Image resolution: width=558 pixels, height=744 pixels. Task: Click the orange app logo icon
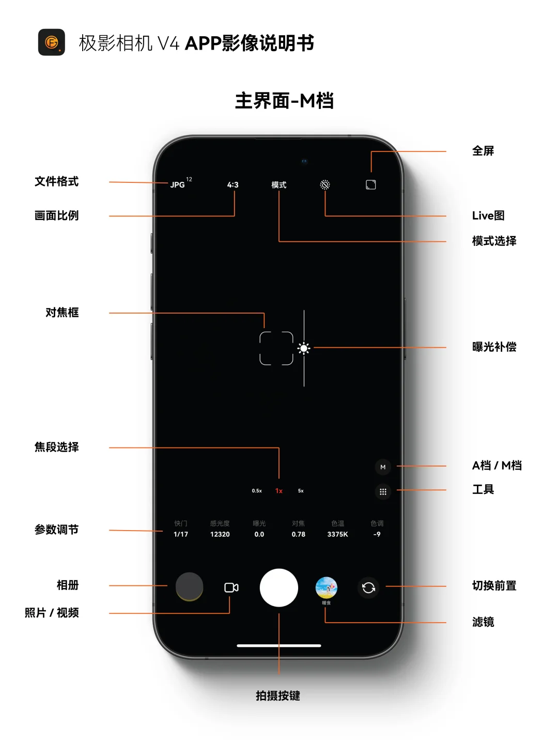52,42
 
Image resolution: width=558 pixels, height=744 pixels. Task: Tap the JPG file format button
178,184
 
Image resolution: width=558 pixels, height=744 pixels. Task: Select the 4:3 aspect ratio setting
233,184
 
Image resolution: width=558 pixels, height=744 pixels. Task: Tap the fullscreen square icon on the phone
371,184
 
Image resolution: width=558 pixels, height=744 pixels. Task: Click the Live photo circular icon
325,184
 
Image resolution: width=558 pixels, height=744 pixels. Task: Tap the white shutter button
279,587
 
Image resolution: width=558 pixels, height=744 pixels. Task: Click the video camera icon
231,587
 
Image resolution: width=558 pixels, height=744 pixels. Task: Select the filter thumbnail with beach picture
327,587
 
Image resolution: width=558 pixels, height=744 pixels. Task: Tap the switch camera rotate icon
368,587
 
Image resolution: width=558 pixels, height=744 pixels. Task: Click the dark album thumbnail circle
189,586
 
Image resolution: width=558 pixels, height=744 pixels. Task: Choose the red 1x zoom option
279,491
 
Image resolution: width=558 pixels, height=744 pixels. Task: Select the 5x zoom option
301,491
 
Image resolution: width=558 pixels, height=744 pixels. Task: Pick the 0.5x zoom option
257,491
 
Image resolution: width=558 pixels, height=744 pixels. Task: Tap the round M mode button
383,467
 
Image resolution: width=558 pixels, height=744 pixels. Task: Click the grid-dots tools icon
383,492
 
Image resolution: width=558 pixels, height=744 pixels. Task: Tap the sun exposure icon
304,348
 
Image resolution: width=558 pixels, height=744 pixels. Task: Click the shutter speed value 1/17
181,534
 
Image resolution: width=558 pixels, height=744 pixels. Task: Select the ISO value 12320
220,534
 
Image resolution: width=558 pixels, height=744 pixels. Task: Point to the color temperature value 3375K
338,534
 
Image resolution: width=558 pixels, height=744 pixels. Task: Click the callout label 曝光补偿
494,347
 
